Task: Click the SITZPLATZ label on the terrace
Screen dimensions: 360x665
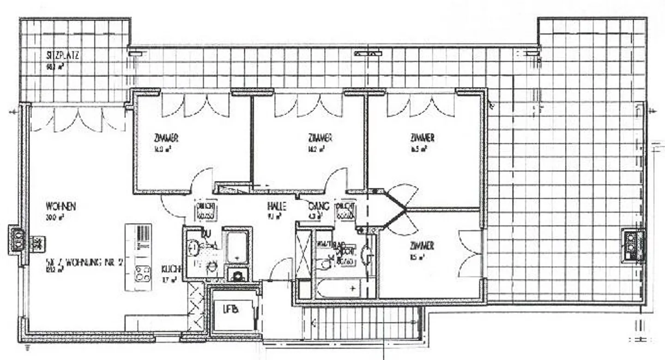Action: click(x=62, y=56)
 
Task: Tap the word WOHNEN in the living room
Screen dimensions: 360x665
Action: click(x=60, y=206)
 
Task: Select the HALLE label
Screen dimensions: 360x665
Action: click(x=276, y=206)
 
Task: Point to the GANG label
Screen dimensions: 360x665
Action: click(x=318, y=206)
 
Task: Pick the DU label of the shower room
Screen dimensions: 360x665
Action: click(x=206, y=234)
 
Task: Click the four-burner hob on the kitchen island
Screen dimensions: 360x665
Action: click(x=143, y=273)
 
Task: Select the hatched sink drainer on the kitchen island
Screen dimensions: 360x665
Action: click(x=144, y=234)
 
